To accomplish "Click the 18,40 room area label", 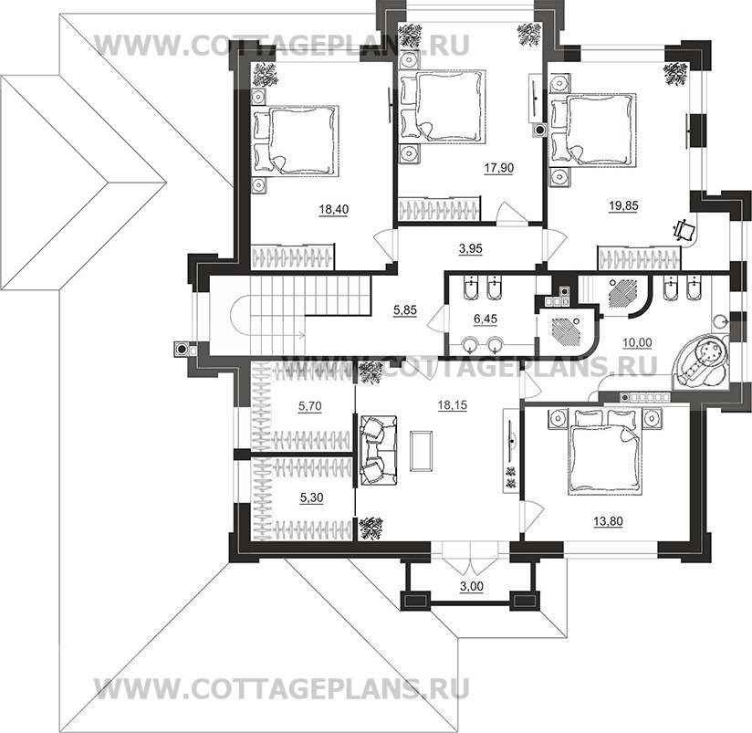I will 333,209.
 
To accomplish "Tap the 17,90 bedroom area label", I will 496,168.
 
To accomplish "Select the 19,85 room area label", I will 622,205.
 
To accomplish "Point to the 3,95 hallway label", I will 469,246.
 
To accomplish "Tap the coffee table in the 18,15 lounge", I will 423,450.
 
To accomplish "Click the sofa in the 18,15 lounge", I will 374,449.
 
